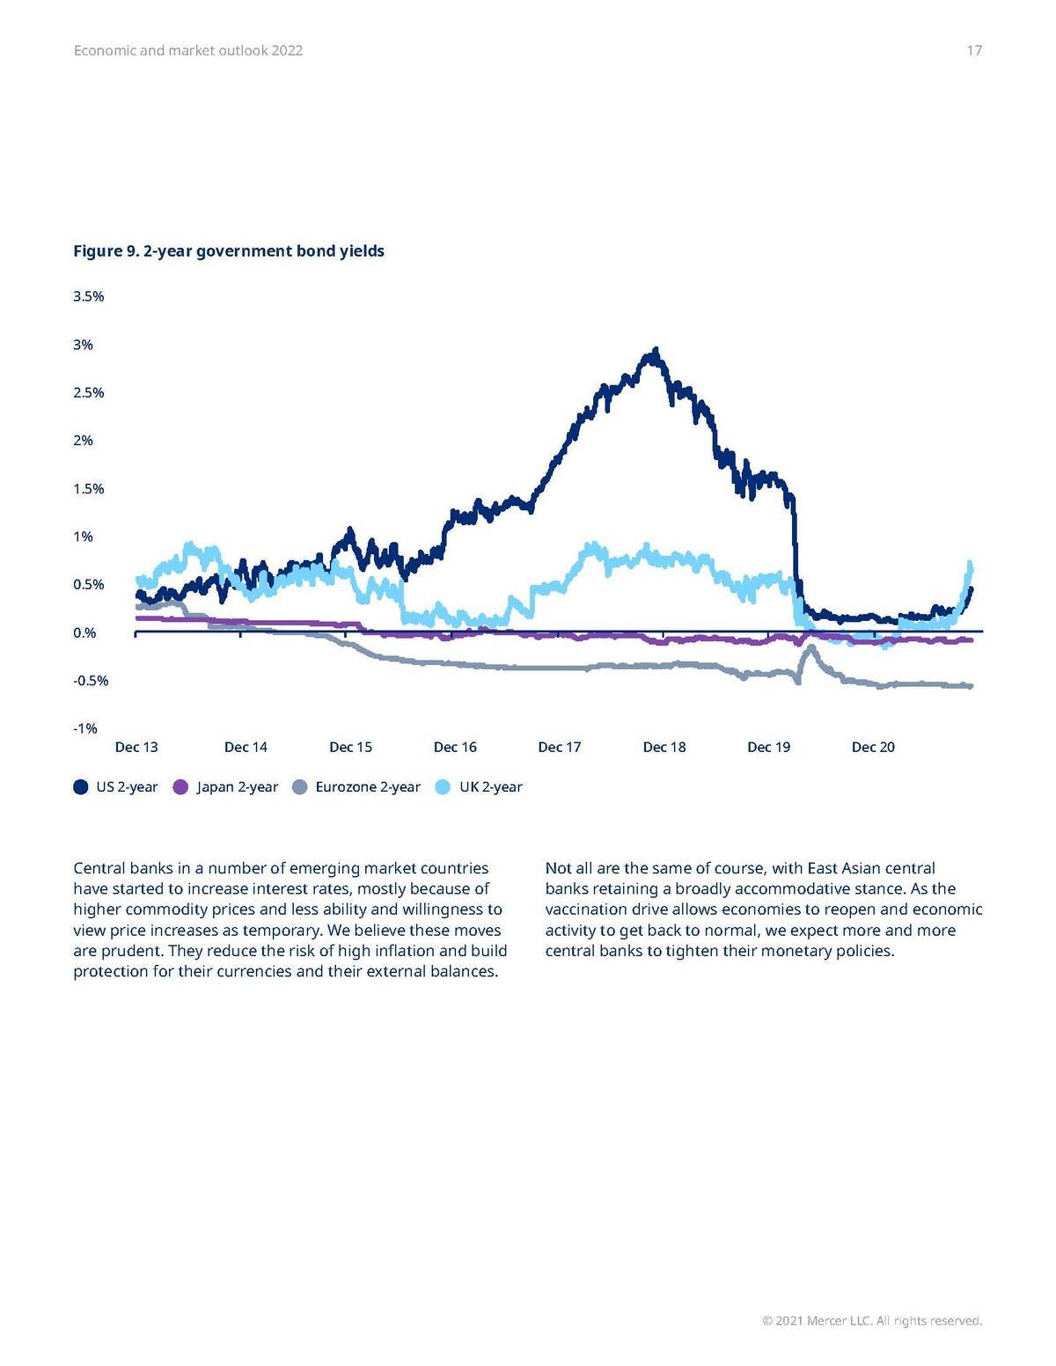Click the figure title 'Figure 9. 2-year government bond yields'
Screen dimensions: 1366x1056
pyautogui.click(x=229, y=252)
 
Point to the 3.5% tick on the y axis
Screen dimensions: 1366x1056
pyautogui.click(x=89, y=296)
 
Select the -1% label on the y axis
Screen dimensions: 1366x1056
pyautogui.click(x=85, y=728)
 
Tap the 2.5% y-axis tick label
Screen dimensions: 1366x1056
pyautogui.click(x=89, y=392)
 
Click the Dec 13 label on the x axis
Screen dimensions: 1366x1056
pyautogui.click(x=136, y=747)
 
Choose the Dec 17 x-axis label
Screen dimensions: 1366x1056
pyautogui.click(x=560, y=747)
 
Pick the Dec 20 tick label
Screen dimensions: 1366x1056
pyautogui.click(x=873, y=747)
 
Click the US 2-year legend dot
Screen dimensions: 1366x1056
pyautogui.click(x=81, y=787)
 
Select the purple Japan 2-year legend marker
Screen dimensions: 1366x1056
pyautogui.click(x=181, y=787)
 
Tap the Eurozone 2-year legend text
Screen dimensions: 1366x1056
pyautogui.click(x=368, y=787)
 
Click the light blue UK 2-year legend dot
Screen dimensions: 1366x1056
pyautogui.click(x=444, y=787)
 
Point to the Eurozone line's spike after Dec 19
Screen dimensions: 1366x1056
pyautogui.click(x=810, y=648)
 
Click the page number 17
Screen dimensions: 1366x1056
pyautogui.click(x=973, y=51)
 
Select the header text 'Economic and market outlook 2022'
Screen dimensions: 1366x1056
pyautogui.click(x=188, y=51)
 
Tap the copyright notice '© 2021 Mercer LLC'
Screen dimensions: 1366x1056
pyautogui.click(x=872, y=1320)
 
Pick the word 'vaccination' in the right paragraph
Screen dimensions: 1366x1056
pyautogui.click(x=586, y=909)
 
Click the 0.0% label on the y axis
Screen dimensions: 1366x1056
pyautogui.click(x=85, y=632)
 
